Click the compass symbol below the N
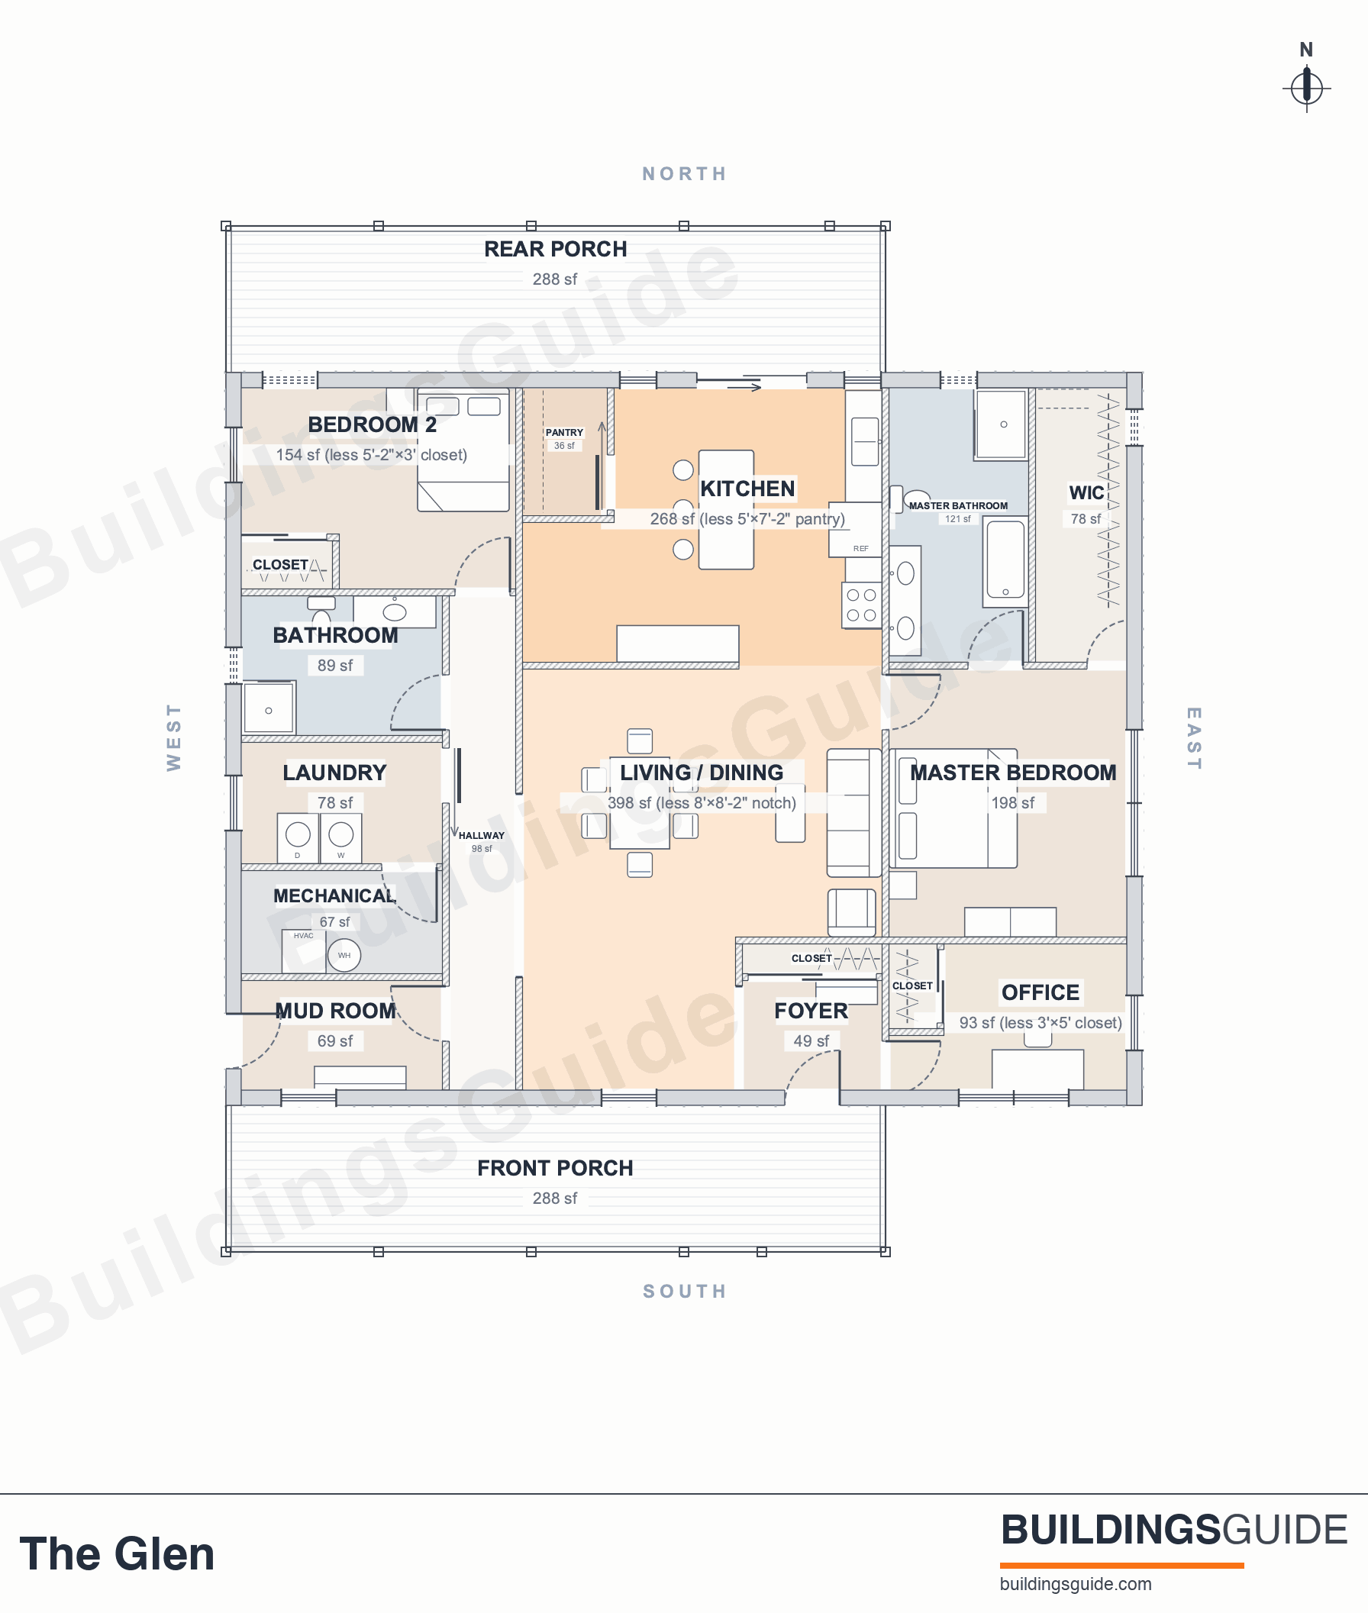[x=1307, y=88]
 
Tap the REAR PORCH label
[x=555, y=249]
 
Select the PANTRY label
[x=564, y=433]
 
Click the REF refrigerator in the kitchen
[x=856, y=530]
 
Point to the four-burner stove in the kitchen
[x=862, y=605]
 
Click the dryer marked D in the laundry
[x=298, y=837]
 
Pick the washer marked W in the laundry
[x=341, y=837]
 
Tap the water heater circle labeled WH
[x=344, y=956]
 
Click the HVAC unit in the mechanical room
[x=303, y=951]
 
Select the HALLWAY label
[x=482, y=836]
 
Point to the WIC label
[x=1086, y=493]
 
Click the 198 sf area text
[x=1013, y=802]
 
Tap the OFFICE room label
[x=1040, y=992]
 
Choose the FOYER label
[x=811, y=1011]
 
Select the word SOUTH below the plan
[x=685, y=1291]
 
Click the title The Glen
[x=117, y=1553]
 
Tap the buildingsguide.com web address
[x=1076, y=1584]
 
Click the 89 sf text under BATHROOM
[x=335, y=666]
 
